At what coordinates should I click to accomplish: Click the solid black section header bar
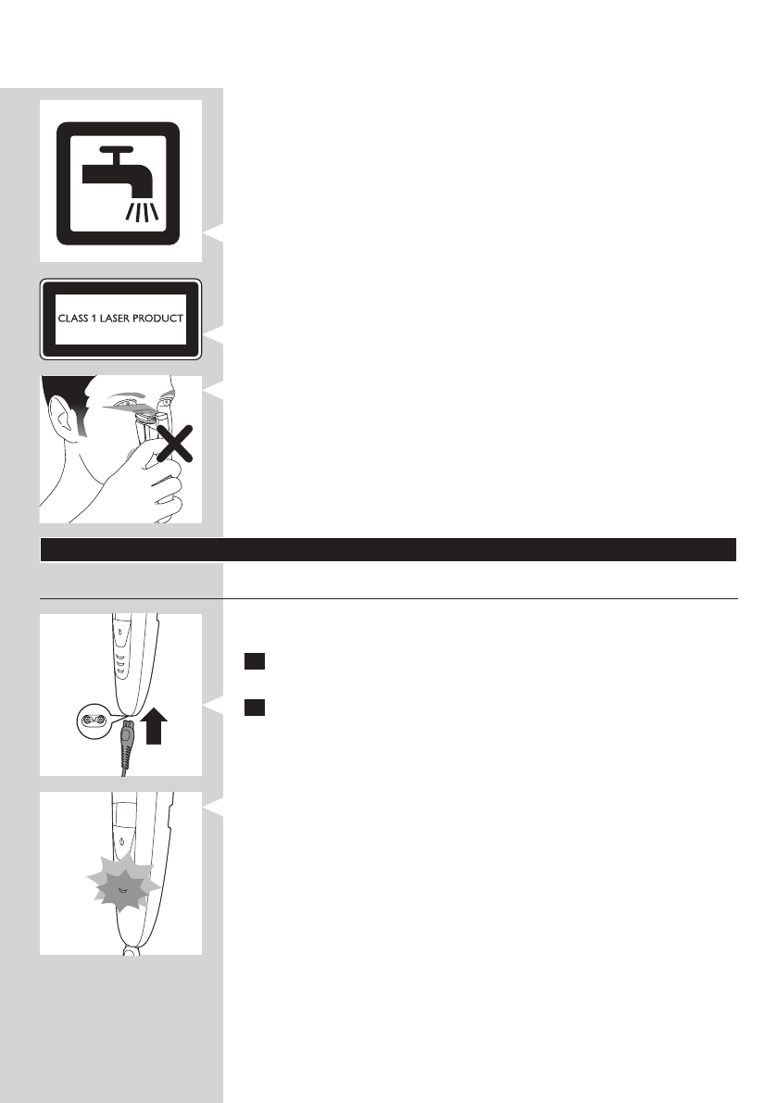coord(388,549)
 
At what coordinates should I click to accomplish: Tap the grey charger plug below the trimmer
coord(127,731)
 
